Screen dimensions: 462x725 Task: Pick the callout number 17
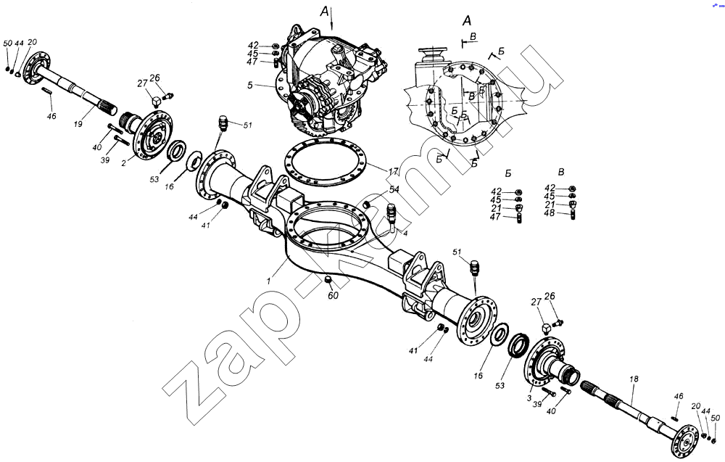pos(393,172)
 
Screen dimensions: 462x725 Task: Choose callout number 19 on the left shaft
pos(77,124)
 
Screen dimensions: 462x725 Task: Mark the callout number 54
pos(395,189)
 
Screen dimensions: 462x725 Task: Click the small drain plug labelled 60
pos(327,280)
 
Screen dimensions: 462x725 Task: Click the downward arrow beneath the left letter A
pos(332,20)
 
